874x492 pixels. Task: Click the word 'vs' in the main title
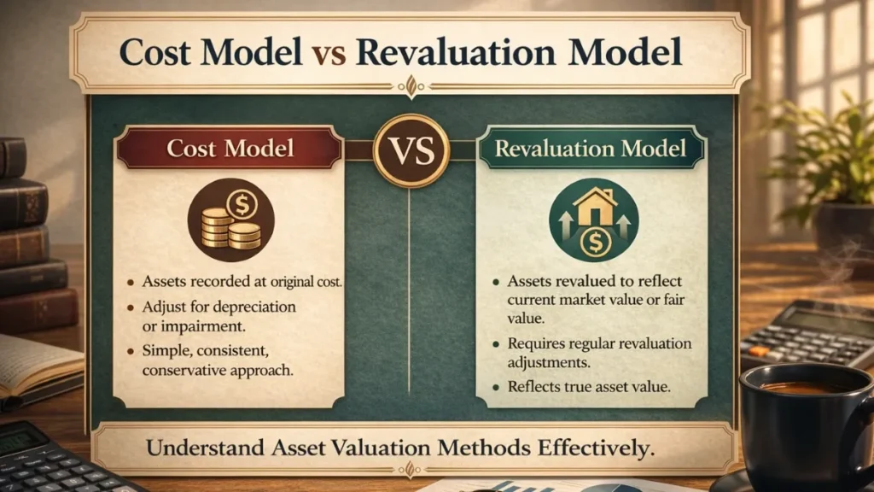(x=328, y=53)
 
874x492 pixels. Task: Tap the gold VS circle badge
(x=411, y=149)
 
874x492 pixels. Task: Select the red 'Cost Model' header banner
(x=230, y=148)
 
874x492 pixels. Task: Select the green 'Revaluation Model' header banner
(x=591, y=149)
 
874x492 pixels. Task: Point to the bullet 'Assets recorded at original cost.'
(x=235, y=282)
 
